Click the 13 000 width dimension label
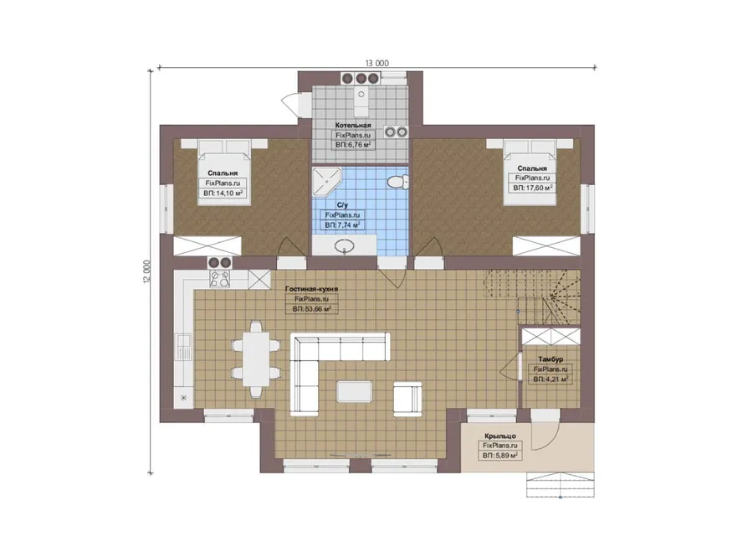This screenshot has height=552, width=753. coord(377,63)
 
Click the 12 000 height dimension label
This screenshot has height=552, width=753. coord(147,272)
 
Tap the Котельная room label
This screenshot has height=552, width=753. coord(353,126)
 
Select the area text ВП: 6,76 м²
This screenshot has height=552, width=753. coord(353,144)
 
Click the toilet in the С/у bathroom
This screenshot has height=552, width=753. coord(397,182)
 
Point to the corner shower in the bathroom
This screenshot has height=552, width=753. coord(326,183)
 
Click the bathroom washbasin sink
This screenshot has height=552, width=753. coord(345,246)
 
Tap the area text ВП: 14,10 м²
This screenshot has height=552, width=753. coord(223,193)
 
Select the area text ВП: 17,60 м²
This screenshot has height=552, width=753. coord(533,188)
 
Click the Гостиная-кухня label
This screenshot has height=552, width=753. coord(312,289)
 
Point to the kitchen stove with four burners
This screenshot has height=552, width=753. coord(220,279)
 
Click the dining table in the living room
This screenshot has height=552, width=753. coord(255,359)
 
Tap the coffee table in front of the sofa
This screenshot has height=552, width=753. coord(355,391)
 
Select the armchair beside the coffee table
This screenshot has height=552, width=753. coord(407,399)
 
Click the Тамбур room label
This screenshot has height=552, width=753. coord(551,359)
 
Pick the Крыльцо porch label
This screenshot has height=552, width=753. coord(500,436)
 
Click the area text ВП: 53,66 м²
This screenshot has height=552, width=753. coord(312,309)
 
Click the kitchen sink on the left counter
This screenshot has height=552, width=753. coord(183,347)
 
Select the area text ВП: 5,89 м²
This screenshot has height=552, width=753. coord(500,455)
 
